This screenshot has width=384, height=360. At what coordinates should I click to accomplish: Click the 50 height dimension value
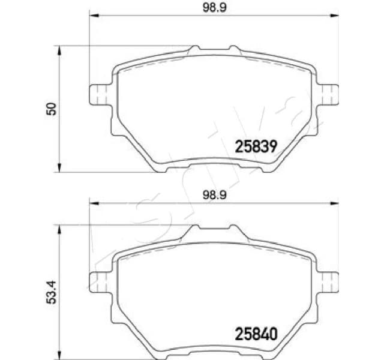click(52, 108)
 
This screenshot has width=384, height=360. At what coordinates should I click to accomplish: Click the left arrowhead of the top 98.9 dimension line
click(94, 17)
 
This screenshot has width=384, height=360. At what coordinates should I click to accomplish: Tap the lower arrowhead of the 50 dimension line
click(59, 167)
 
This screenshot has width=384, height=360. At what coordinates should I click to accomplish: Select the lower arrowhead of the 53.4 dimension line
click(59, 354)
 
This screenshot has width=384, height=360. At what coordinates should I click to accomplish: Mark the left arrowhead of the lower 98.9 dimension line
click(94, 203)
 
